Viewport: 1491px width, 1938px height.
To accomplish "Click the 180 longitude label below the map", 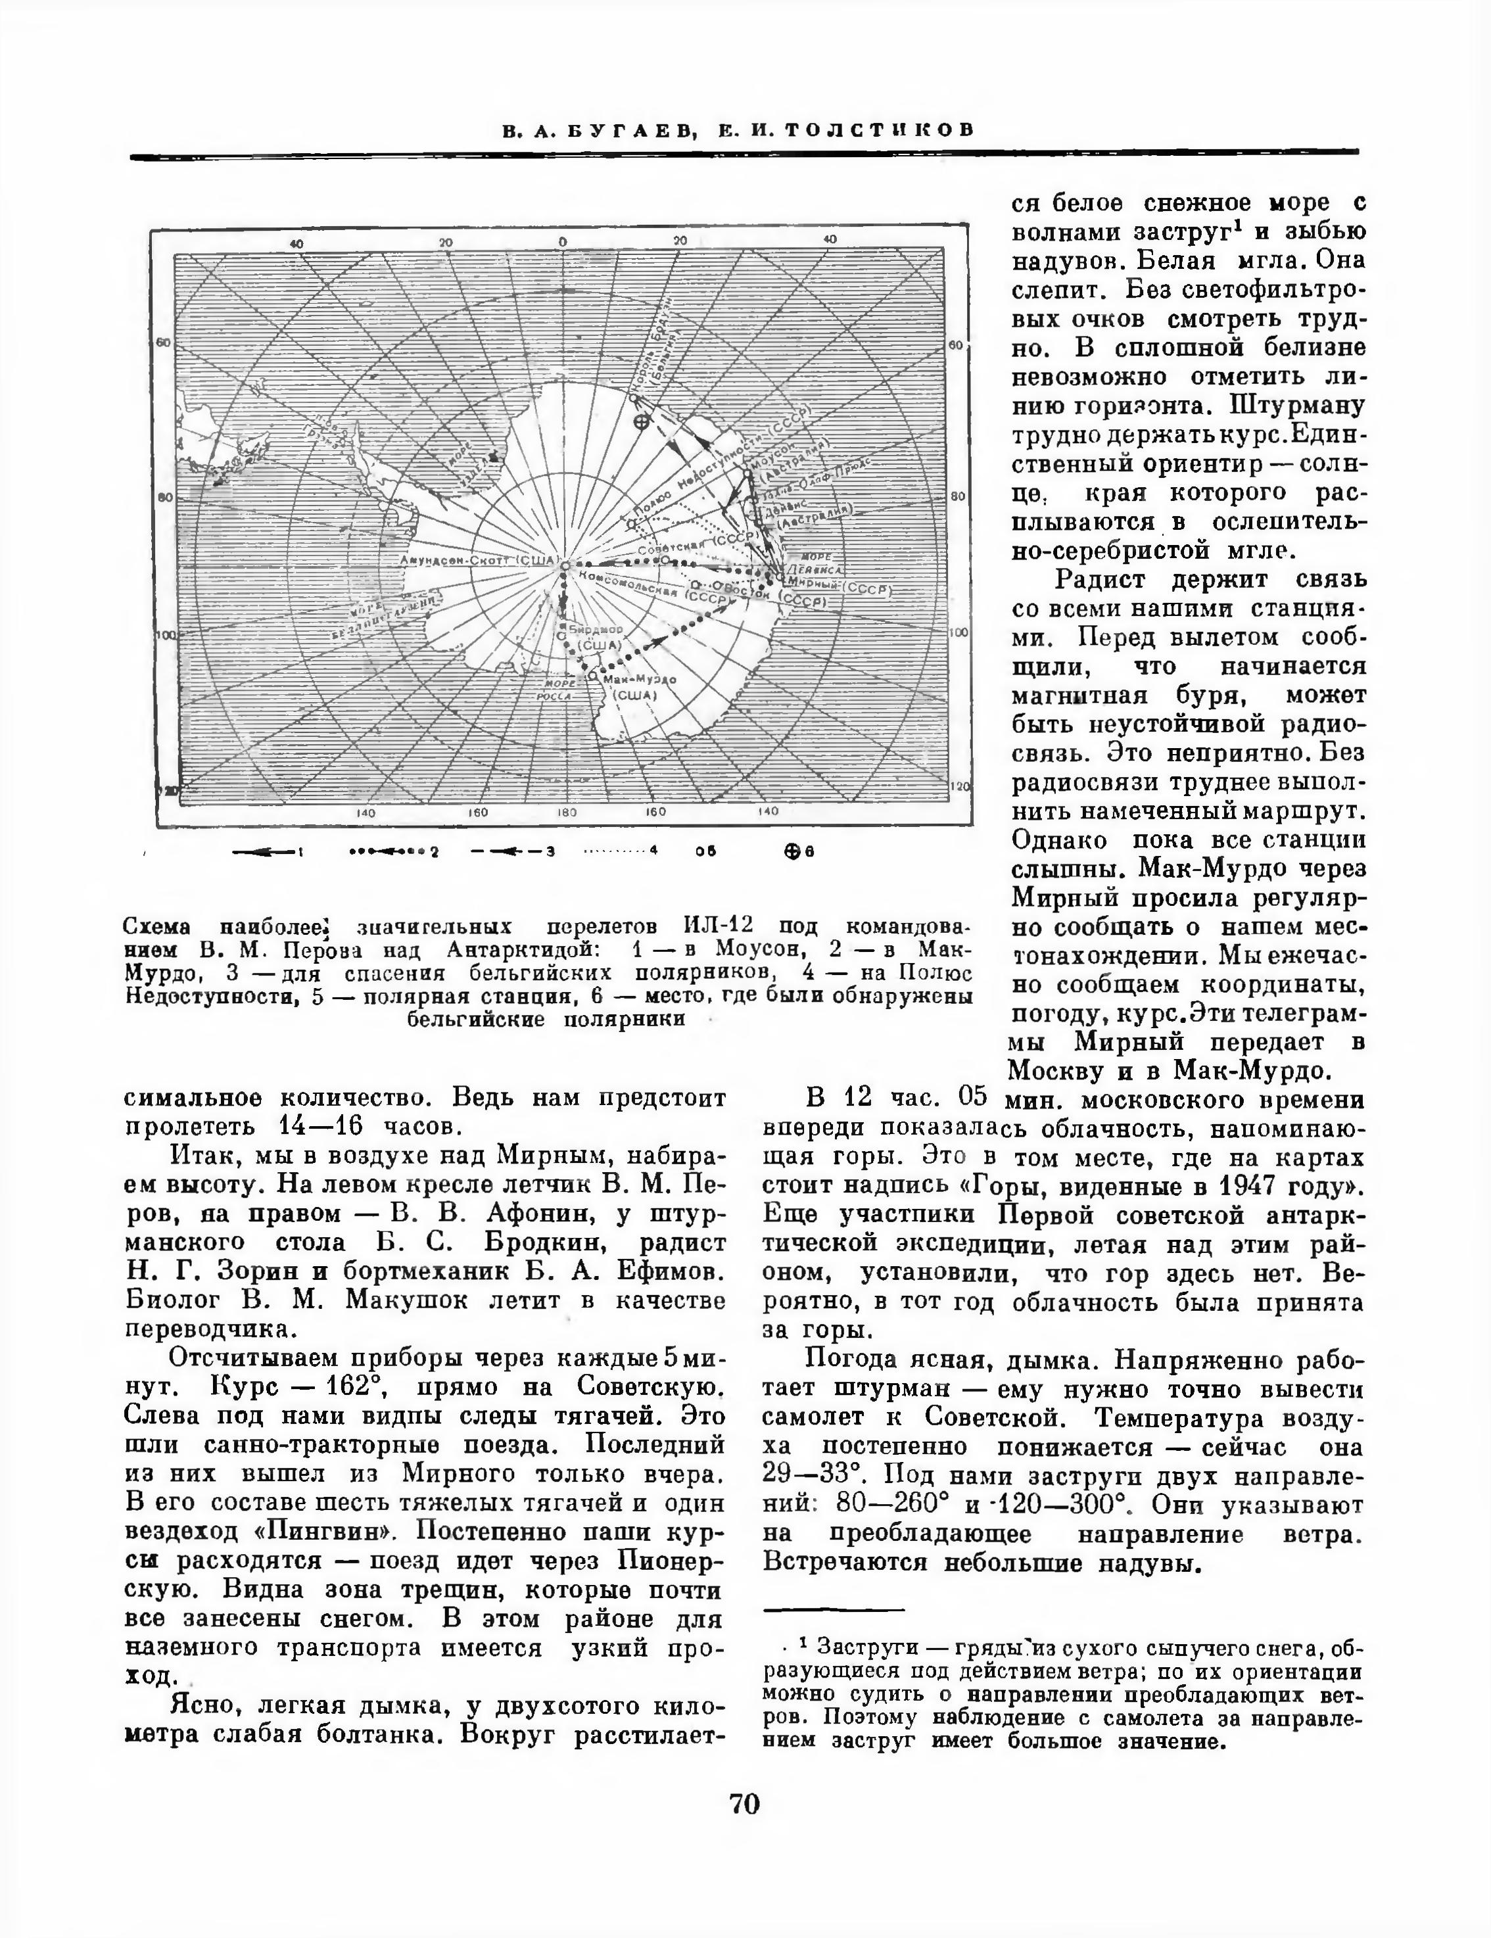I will click(x=566, y=812).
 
